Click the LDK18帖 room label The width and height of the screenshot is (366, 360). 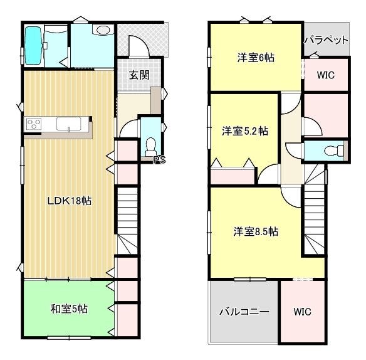pos(70,201)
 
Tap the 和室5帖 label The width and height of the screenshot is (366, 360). pos(69,309)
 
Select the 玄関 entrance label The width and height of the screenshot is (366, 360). pos(139,75)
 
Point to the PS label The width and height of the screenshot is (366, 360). pos(160,160)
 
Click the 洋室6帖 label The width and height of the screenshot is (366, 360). pos(256,58)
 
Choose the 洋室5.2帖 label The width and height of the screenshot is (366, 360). pos(245,131)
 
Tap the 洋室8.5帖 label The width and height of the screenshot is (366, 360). pos(256,231)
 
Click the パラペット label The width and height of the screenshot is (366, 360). pos(326,40)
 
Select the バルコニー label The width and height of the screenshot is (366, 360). pos(244,312)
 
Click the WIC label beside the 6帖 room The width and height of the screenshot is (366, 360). pos(326,75)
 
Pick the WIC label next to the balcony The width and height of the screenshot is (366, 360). pos(302,312)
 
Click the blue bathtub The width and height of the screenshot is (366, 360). pos(33,46)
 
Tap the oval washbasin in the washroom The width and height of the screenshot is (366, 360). pos(103,30)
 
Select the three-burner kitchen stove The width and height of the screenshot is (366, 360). pos(34,124)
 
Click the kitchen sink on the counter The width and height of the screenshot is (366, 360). pos(69,124)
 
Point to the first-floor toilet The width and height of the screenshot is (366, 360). pos(150,147)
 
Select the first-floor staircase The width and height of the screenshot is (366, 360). pos(127,220)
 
